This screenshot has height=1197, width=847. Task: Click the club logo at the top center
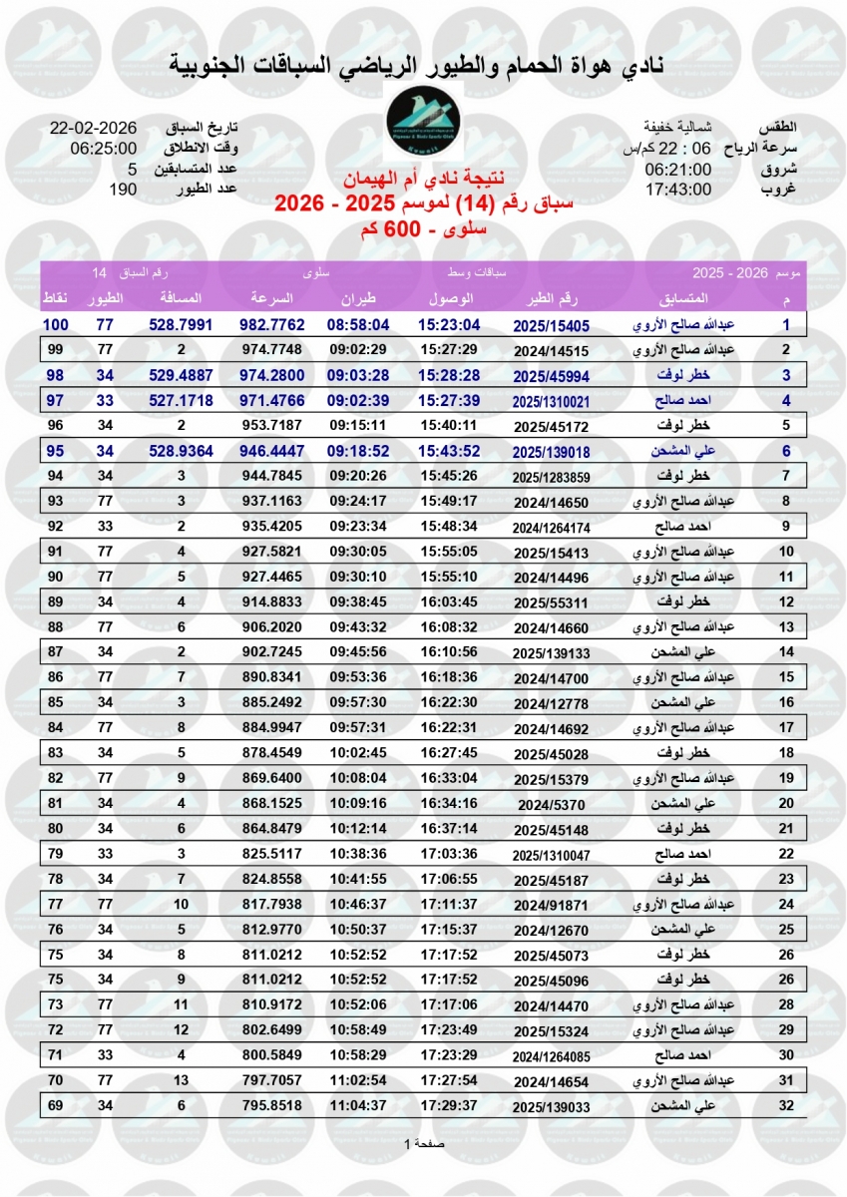[424, 126]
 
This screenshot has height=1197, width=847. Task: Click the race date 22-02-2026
[94, 129]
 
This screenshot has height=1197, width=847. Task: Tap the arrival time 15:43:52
[450, 451]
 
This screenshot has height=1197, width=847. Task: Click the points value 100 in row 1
[55, 324]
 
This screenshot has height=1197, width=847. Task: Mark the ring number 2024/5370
[552, 804]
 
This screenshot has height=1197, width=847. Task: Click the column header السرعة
[270, 299]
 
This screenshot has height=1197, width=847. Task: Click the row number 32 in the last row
[786, 1105]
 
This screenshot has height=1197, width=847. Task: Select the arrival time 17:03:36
[450, 853]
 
